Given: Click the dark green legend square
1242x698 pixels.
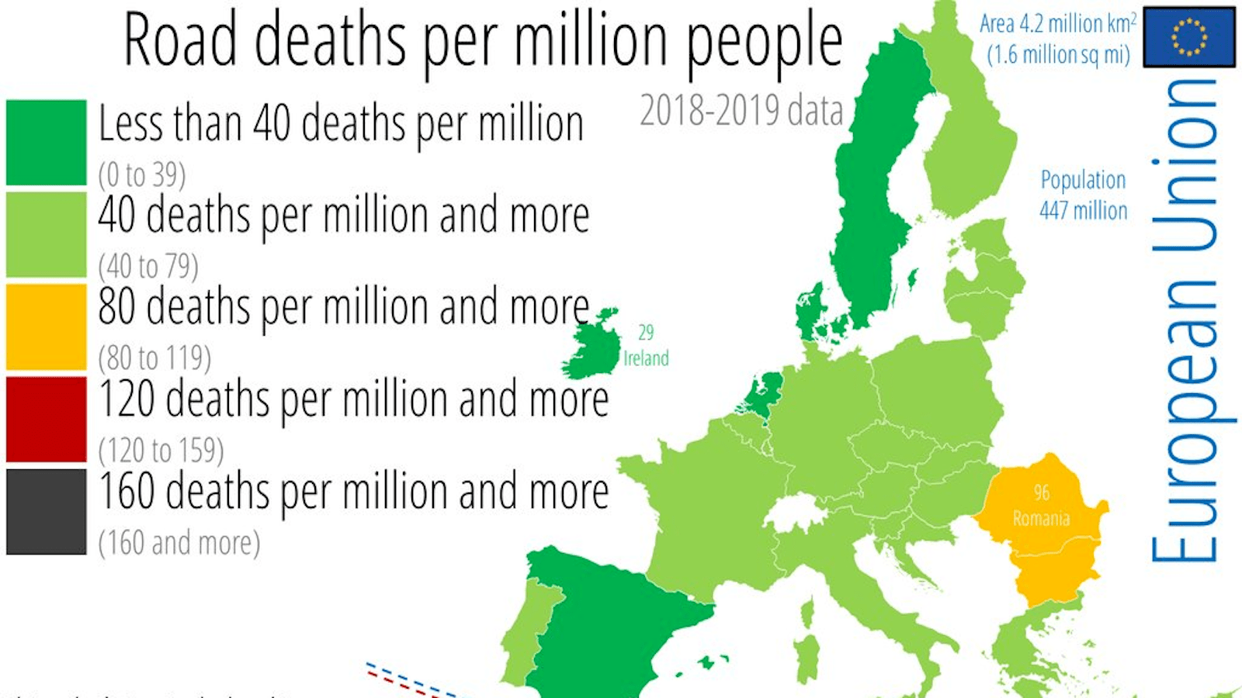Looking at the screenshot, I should [x=46, y=142].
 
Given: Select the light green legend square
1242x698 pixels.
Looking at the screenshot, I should [x=46, y=234].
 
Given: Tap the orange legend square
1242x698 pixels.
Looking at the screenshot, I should [x=46, y=327].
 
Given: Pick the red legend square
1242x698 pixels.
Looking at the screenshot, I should [x=46, y=419].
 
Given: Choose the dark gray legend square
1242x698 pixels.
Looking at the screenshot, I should [x=46, y=511].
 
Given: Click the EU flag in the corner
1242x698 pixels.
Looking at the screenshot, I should [x=1188, y=36].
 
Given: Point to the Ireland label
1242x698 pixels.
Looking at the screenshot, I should [x=646, y=358].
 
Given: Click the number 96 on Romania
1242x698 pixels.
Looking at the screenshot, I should [x=1041, y=492].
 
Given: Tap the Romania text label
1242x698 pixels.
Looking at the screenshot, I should [x=1041, y=518].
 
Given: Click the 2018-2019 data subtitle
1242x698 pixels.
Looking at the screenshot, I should [x=741, y=111].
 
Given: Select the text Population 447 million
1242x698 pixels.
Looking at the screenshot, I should [x=1083, y=195].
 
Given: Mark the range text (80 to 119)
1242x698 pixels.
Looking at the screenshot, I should [x=154, y=358].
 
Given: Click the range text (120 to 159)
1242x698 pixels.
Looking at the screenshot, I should [x=161, y=451].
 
